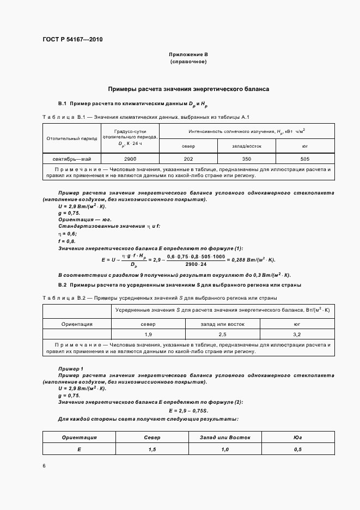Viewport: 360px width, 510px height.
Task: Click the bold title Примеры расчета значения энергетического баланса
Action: click(x=188, y=88)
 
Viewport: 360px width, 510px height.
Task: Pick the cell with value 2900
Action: click(x=130, y=159)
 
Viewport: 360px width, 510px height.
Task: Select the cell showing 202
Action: click(x=188, y=159)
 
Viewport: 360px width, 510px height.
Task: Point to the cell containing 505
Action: click(x=304, y=159)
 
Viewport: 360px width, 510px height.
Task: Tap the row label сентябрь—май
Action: click(x=69, y=159)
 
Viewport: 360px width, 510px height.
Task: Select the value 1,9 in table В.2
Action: click(x=148, y=333)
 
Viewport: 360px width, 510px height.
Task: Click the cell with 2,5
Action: click(x=222, y=333)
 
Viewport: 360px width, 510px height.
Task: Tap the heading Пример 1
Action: click(x=70, y=369)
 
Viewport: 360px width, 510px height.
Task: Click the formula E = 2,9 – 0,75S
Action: click(x=188, y=410)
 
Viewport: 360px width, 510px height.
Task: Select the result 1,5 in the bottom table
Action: click(x=152, y=449)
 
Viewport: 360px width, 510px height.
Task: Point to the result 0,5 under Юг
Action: click(x=297, y=449)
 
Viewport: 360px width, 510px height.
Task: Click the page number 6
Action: click(x=44, y=466)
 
